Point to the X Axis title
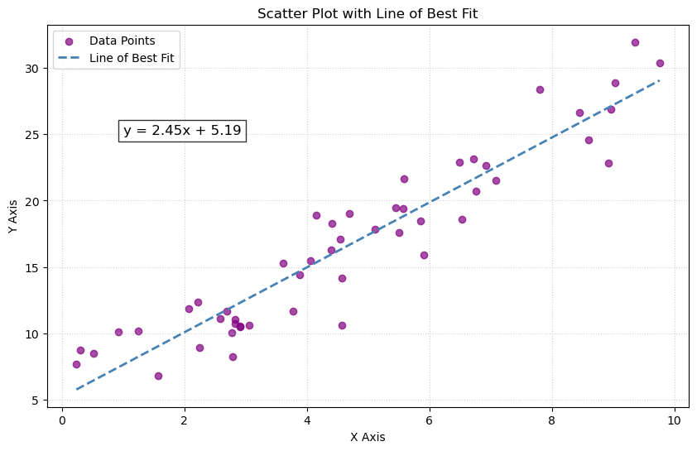click(368, 437)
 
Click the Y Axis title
click(14, 217)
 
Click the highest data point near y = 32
click(635, 42)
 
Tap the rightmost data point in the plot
click(660, 63)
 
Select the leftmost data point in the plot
click(76, 364)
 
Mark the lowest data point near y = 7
click(158, 376)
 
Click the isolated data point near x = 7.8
click(540, 89)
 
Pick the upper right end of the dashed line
click(659, 80)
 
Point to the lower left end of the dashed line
click(76, 389)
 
